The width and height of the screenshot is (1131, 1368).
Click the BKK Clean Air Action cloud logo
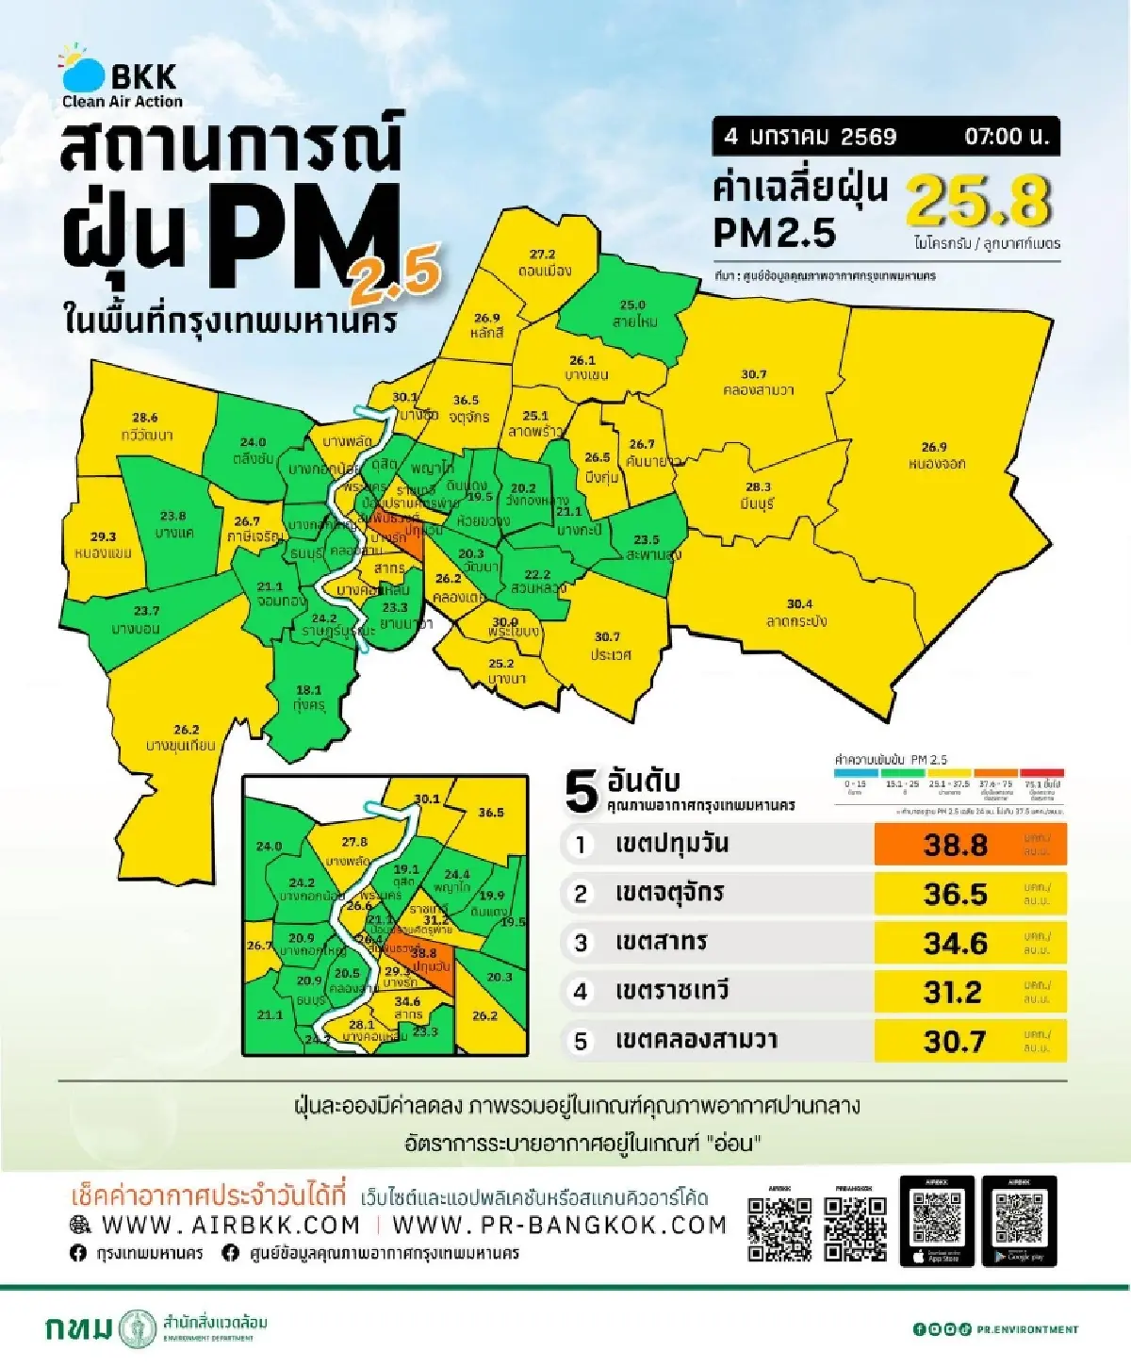[83, 70]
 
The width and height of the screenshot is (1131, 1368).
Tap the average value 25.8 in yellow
[978, 201]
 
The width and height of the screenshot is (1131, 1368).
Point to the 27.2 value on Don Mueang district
[542, 255]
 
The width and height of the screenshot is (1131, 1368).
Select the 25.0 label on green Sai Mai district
[632, 305]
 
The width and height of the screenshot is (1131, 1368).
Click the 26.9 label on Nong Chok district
[933, 447]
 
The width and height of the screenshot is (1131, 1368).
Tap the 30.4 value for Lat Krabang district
[799, 603]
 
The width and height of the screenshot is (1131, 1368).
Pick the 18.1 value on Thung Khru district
[308, 690]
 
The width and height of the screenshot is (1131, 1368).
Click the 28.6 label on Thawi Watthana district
[144, 417]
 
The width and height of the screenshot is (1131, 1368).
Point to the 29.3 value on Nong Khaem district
[103, 536]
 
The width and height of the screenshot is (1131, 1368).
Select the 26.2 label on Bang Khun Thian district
[187, 729]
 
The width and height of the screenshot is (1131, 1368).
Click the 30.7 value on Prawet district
[607, 636]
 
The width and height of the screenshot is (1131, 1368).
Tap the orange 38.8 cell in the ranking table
[956, 844]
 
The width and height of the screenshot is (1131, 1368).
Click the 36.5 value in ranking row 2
[956, 894]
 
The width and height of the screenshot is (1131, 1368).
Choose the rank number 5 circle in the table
[581, 1041]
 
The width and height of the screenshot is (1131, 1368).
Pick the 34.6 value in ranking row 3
[956, 943]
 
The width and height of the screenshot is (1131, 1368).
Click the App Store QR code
[937, 1217]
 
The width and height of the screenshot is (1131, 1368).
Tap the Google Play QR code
[1019, 1217]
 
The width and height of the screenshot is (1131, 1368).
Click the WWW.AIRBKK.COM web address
[230, 1225]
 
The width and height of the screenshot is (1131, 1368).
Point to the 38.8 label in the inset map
[423, 953]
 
